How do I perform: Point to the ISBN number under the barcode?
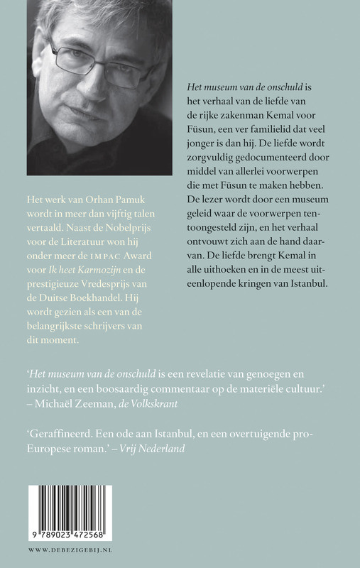(68, 540)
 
